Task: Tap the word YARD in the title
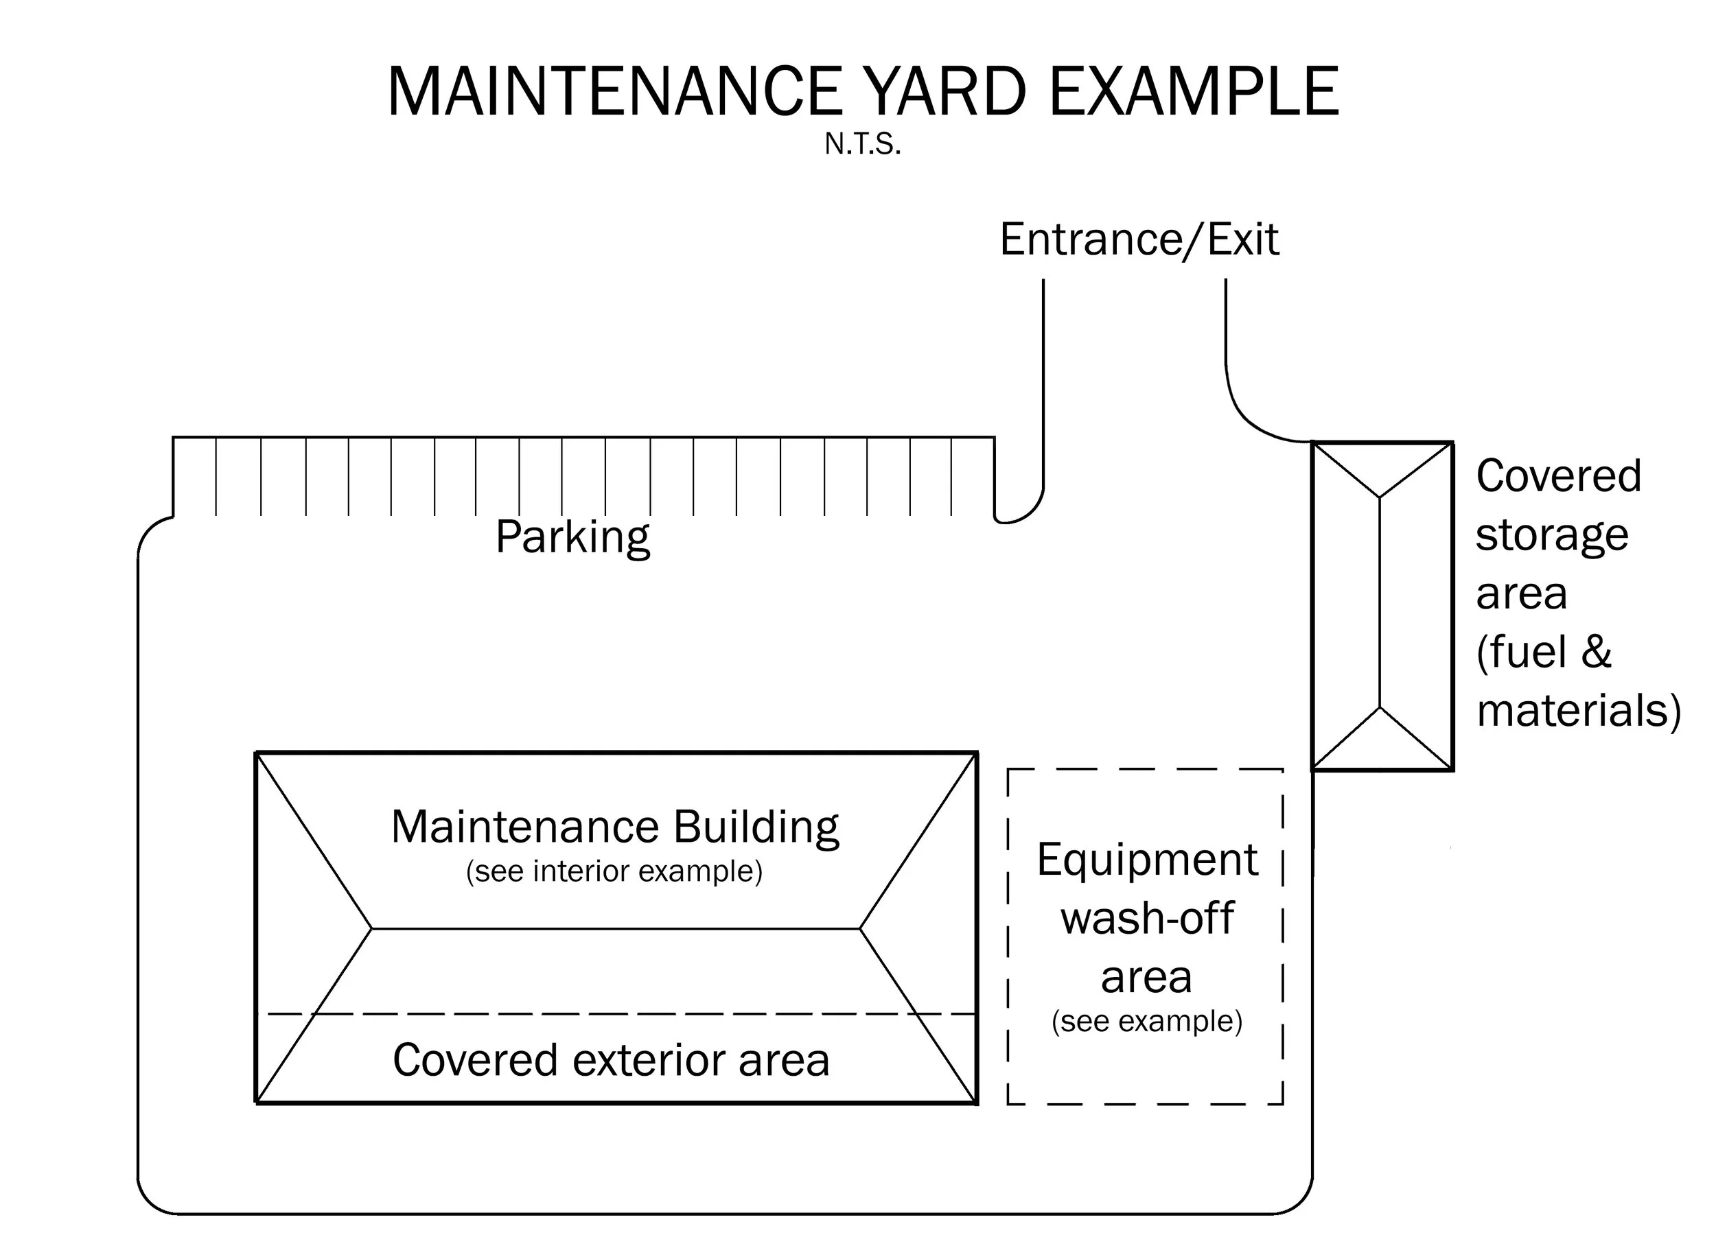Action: pos(944,92)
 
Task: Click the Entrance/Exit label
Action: pos(1139,239)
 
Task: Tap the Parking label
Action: pos(572,538)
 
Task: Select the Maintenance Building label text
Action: pos(614,827)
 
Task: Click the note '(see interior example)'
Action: pos(614,871)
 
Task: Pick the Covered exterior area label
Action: pos(612,1059)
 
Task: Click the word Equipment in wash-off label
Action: pos(1147,859)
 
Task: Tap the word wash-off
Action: pos(1147,918)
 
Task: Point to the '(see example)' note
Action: pos(1147,1021)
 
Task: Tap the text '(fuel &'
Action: pos(1544,652)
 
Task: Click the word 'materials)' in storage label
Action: pos(1578,711)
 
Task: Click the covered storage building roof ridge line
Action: pos(1380,602)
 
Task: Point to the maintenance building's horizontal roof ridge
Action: pos(615,929)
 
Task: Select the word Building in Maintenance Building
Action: pos(756,827)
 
